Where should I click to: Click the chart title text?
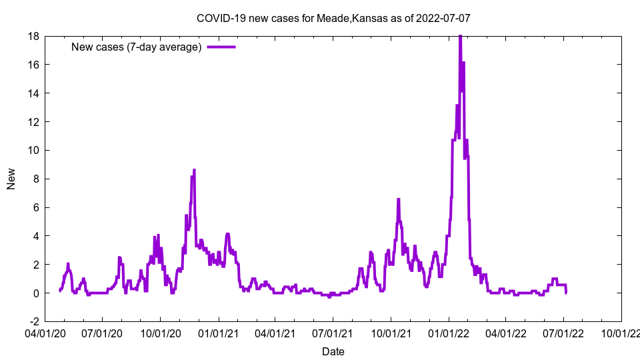[333, 18]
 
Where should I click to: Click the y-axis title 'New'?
[11, 179]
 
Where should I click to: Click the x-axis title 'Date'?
[333, 351]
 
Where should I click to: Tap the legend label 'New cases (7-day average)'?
[137, 47]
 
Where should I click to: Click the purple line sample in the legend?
[221, 47]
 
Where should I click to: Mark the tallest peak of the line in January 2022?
[460, 37]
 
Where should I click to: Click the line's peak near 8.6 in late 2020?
[194, 170]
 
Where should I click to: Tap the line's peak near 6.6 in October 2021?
[398, 199]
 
